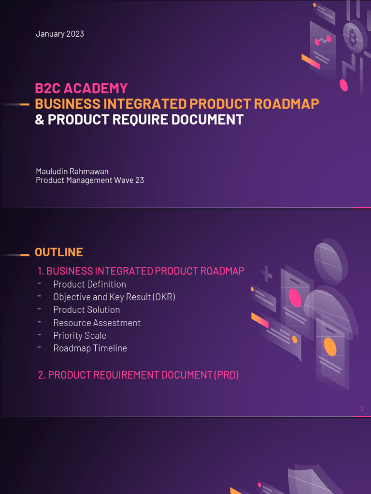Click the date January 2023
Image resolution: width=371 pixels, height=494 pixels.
point(59,34)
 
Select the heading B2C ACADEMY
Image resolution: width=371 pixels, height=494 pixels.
point(81,88)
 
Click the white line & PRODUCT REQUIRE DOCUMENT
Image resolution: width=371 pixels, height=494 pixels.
point(139,120)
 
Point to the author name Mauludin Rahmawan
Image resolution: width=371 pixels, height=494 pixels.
point(72,171)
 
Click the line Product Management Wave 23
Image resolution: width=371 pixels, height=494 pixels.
point(90,180)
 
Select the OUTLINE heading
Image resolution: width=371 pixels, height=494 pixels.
point(58,252)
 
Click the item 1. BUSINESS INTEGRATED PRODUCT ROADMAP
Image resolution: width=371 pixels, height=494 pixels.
point(141,271)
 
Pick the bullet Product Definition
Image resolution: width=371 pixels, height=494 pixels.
point(89,284)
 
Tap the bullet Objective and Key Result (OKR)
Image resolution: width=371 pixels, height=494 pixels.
point(114,297)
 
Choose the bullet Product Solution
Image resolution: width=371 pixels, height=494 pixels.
point(86,310)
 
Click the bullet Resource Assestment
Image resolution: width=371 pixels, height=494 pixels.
point(97,323)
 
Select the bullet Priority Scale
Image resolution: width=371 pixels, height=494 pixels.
point(80,335)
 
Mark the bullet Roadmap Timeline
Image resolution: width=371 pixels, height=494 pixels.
point(90,348)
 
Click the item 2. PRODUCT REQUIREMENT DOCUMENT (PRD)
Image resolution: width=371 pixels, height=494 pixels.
point(138,375)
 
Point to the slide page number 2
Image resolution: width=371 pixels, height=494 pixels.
point(362,409)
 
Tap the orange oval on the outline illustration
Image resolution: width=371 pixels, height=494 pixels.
point(330,346)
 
